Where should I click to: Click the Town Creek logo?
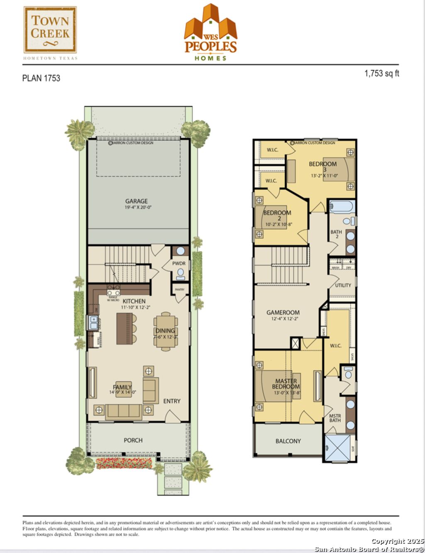50,30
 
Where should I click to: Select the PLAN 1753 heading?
41,78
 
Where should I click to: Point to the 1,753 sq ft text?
381,73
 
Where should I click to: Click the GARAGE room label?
137,201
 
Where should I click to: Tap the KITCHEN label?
134,301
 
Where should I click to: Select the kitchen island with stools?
125,328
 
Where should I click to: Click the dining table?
166,331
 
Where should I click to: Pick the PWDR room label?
179,264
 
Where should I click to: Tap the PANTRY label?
179,289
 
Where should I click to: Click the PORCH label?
133,440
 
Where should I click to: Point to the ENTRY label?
172,401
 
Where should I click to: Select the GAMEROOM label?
283,313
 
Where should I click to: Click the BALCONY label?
288,441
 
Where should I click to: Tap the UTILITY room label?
343,285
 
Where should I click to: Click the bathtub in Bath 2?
341,207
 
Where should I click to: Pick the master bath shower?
337,448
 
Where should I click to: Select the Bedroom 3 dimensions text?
324,176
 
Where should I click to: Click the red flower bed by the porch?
124,463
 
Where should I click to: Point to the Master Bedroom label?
286,384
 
